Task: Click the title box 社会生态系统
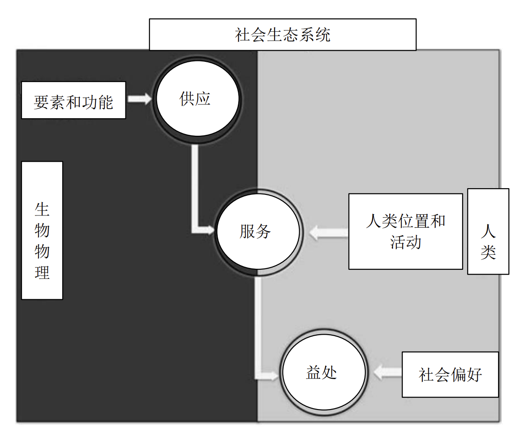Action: (x=283, y=35)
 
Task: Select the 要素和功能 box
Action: (x=73, y=100)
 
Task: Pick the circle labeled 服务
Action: (x=257, y=232)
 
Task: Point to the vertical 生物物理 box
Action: (x=42, y=230)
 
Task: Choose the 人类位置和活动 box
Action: (x=405, y=231)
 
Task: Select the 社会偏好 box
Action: (x=450, y=375)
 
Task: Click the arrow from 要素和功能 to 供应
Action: (x=140, y=99)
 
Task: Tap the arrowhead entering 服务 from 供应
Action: (x=210, y=230)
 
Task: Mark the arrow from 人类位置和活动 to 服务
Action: (x=329, y=233)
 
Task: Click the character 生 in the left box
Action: (x=42, y=209)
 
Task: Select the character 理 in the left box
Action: (x=42, y=272)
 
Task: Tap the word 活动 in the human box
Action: (x=406, y=242)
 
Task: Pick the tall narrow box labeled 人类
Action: (x=488, y=231)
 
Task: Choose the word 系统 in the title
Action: (x=315, y=35)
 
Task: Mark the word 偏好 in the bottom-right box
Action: (x=467, y=375)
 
